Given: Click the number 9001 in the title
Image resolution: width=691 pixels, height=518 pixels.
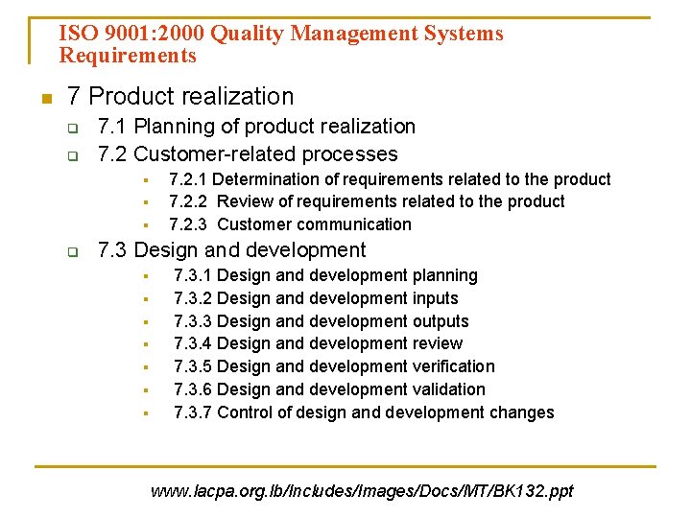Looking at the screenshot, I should click(118, 34).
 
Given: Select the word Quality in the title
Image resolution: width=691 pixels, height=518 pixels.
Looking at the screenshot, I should click(248, 34).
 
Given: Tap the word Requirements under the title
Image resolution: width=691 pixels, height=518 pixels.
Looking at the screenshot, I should click(128, 56).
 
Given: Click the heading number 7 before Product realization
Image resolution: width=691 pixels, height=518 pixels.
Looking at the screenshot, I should click(73, 96).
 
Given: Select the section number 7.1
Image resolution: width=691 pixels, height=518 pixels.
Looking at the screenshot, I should click(112, 127).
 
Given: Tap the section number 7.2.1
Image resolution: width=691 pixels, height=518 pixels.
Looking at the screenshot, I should click(189, 179).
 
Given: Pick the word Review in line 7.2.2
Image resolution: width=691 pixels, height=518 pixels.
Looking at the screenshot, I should click(244, 201).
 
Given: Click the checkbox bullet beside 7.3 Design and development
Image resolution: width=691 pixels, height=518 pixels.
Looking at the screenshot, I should click(71, 252).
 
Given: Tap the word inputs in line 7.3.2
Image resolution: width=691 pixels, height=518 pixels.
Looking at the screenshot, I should click(435, 298).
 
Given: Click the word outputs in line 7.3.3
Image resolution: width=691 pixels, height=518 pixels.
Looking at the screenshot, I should click(441, 321).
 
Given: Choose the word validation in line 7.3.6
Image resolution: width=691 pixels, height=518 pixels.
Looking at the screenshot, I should click(448, 389).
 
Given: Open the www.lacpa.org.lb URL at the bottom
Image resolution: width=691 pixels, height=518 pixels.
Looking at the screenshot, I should click(362, 491).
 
